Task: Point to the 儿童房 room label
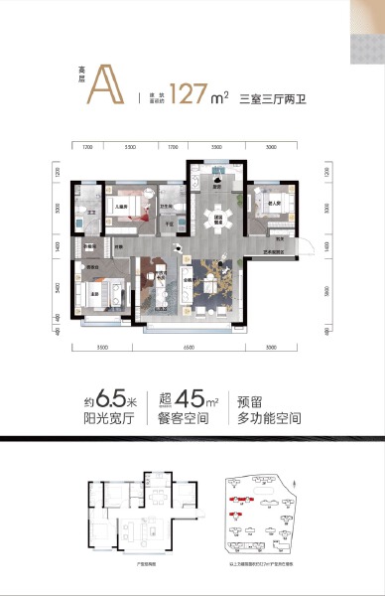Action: click(119, 204)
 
